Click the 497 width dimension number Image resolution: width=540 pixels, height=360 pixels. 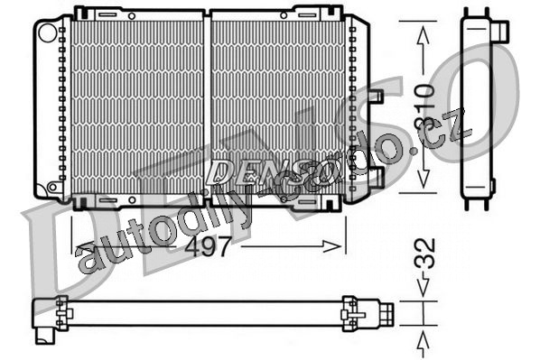[208, 247]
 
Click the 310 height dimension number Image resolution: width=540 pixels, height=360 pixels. [424, 107]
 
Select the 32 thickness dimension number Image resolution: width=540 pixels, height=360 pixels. [425, 253]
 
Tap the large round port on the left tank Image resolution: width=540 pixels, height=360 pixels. [48, 32]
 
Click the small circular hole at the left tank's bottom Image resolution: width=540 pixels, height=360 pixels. [52, 188]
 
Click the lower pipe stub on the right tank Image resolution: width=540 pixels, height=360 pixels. [377, 178]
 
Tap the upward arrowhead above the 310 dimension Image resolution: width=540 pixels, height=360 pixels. [424, 35]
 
